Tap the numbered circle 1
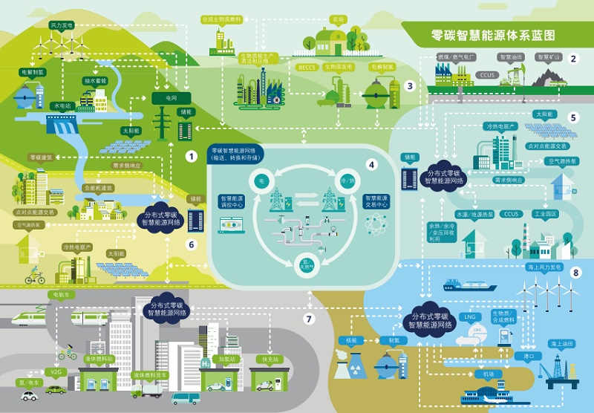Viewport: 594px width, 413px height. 191,157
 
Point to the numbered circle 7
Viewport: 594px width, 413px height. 310,319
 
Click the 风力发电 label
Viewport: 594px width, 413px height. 62,25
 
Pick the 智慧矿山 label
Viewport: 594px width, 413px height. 547,56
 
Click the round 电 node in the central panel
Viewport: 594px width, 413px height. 261,181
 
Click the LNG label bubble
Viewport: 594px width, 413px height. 469,316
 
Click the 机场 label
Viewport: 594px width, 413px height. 488,374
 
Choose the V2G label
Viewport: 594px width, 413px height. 56,371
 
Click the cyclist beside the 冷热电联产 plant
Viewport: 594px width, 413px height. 35,276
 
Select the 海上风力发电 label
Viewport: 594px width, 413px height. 544,266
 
